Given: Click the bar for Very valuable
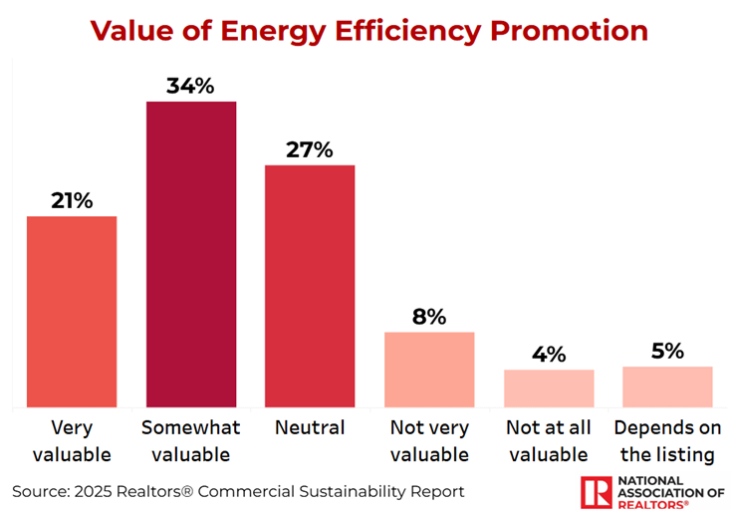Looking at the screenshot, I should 72,311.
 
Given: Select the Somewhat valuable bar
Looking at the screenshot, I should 191,254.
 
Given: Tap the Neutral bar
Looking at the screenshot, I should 310,286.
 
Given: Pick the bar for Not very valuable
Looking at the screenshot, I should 429,370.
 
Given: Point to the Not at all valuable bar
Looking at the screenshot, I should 549,388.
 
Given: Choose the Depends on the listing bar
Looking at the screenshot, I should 667,386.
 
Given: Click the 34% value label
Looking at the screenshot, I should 190,86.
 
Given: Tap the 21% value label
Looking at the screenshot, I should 72,200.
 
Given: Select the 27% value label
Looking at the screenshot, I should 310,149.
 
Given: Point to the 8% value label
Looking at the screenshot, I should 429,317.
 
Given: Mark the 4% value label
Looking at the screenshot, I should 549,355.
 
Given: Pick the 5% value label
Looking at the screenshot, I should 667,351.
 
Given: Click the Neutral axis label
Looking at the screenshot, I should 310,428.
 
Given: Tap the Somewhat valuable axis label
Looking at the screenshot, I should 190,441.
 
